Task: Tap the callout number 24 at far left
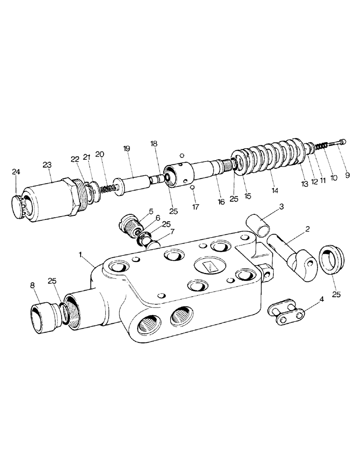(x=16, y=173)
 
